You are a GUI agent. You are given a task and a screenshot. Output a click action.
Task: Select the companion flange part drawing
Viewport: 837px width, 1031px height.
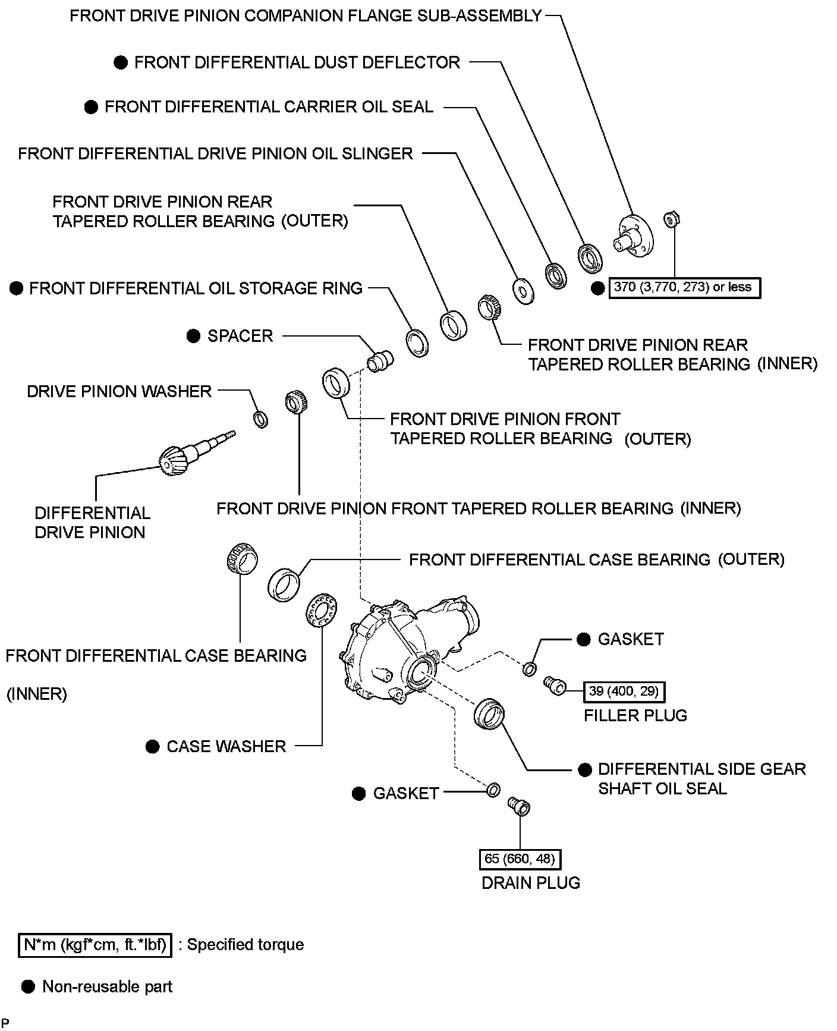(633, 237)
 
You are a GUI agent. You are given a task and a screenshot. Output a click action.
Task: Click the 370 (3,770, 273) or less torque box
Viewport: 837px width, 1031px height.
(683, 288)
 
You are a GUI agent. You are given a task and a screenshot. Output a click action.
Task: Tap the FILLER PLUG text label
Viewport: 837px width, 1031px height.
(635, 715)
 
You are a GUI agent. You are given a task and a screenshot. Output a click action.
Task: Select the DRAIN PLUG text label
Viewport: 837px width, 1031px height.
(530, 883)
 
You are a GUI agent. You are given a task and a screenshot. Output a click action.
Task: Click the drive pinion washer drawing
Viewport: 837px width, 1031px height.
(260, 419)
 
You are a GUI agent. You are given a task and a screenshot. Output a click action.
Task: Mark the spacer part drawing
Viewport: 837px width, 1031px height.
(379, 360)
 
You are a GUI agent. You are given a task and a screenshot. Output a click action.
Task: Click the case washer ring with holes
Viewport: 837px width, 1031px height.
(322, 608)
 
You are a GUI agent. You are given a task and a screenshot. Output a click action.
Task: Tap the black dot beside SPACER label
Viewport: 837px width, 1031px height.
(193, 336)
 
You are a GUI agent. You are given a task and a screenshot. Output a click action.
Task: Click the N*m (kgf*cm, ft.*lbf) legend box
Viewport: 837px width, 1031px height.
(95, 945)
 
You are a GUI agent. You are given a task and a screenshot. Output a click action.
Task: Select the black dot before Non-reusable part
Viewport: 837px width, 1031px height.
(27, 987)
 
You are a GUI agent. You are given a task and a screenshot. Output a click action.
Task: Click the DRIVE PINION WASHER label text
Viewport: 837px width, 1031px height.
(119, 391)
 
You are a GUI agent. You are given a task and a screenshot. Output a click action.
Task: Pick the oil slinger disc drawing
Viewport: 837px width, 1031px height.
(523, 291)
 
